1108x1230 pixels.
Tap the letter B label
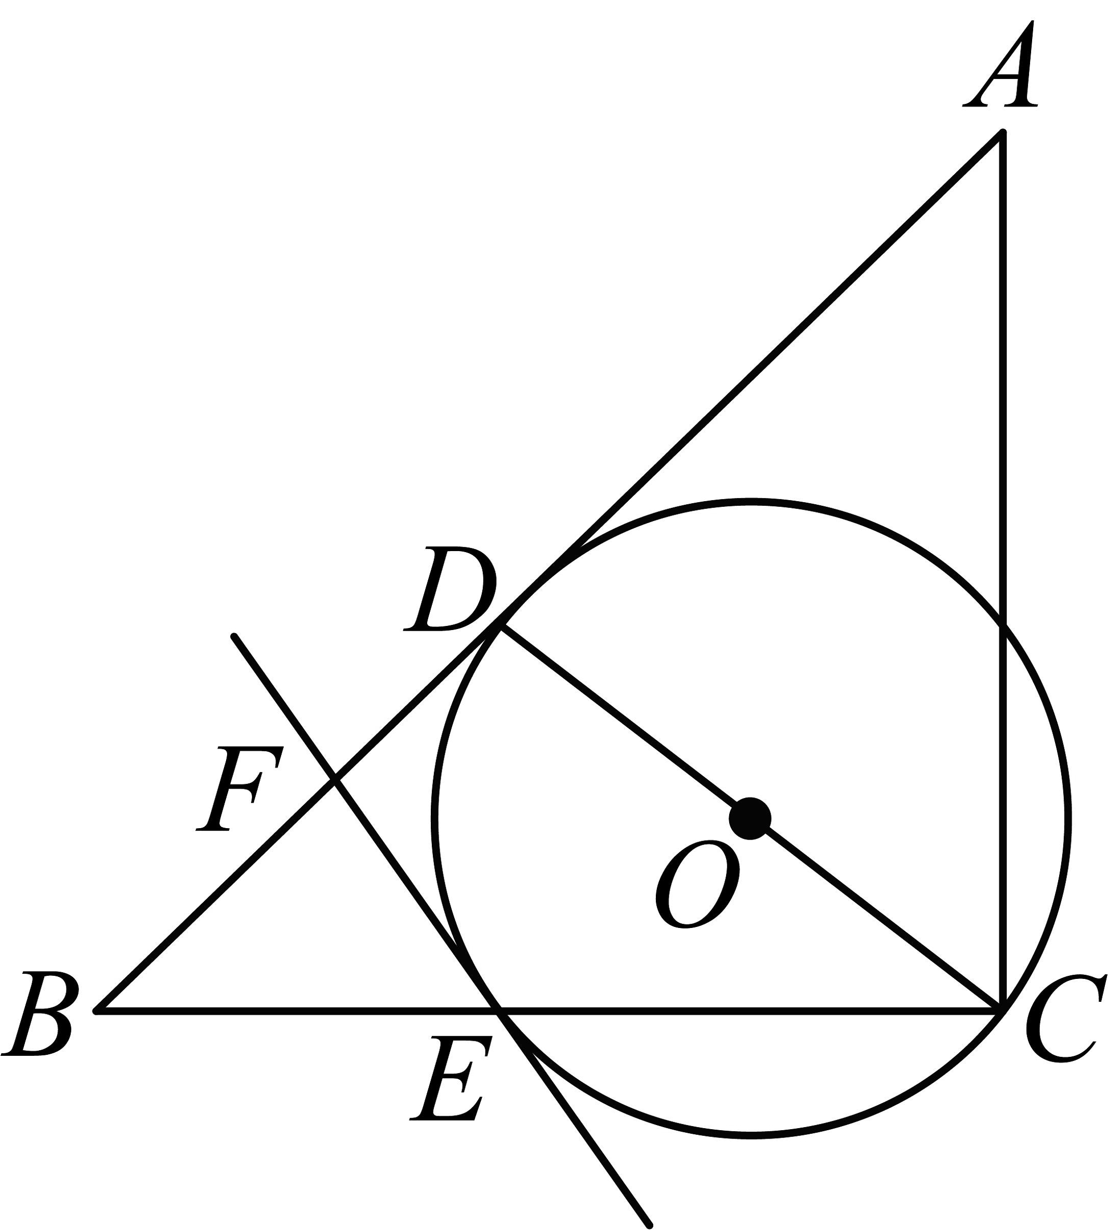[40, 1014]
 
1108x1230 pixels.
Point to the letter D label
[450, 590]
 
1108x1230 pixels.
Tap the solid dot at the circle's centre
[750, 818]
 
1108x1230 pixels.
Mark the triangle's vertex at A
[1003, 132]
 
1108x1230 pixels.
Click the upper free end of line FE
[234, 637]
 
